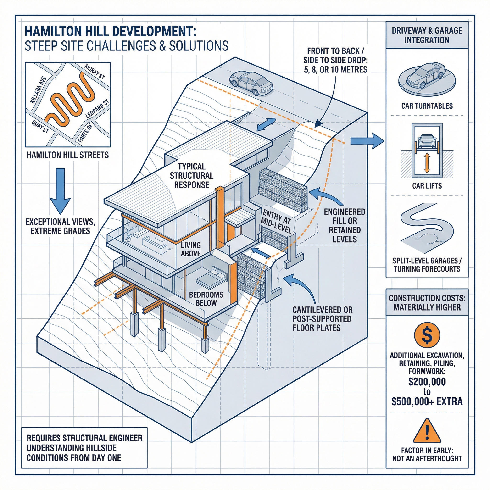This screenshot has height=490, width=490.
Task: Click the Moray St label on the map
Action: coord(94,72)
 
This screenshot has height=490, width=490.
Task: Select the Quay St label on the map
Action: coord(40,127)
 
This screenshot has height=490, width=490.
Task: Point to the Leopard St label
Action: coord(97,109)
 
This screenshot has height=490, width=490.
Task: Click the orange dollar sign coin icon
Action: coord(427,335)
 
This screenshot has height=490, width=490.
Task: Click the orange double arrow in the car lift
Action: coord(427,163)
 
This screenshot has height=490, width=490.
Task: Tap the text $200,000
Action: coord(427,382)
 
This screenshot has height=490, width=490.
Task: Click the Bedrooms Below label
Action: coord(206,299)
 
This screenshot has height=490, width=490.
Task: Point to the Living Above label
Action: coord(191,249)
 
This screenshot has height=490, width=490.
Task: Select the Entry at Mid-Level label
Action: coord(276,221)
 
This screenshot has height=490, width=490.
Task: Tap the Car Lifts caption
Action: coord(427,186)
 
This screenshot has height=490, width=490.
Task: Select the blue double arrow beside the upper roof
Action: coord(266,124)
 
